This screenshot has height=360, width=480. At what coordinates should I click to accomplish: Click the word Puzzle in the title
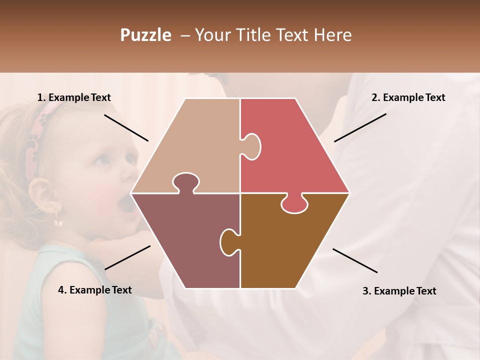coord(145,35)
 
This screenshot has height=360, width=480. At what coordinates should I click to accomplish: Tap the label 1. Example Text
coord(74,97)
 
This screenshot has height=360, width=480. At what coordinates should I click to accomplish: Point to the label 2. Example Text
coord(408,97)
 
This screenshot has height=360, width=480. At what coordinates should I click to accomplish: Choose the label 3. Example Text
coord(399,291)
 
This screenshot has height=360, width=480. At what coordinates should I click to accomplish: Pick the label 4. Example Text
coord(95,290)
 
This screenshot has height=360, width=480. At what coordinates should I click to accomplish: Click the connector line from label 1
coord(126,127)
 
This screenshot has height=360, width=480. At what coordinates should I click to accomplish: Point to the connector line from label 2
coord(360,127)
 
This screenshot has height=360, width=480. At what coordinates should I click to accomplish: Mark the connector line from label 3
coord(355,260)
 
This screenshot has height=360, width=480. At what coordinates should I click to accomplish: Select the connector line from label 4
coord(127,257)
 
